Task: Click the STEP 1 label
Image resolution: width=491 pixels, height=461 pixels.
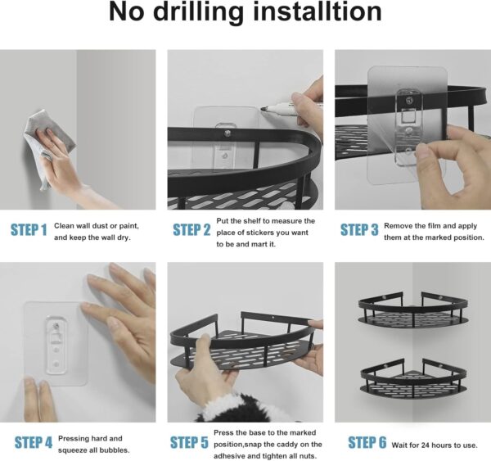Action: point(29,230)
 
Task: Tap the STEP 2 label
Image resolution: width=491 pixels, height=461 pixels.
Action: point(191,230)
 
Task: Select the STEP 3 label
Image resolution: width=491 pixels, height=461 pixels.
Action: point(359,230)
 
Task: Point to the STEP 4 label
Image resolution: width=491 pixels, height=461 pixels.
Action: point(34,442)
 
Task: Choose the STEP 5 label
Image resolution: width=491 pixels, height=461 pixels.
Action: point(189,442)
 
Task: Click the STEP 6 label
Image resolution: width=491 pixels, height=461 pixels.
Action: point(367,442)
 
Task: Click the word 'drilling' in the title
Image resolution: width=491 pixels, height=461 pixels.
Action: point(199,12)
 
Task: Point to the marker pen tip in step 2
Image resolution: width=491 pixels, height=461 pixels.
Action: point(263,109)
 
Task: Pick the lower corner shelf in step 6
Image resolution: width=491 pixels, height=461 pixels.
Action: point(413,377)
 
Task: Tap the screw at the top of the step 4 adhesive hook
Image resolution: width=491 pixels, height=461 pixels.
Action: point(56,326)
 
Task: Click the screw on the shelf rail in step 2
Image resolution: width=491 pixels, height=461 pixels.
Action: point(227,133)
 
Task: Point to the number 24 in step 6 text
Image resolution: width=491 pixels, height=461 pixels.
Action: point(426,445)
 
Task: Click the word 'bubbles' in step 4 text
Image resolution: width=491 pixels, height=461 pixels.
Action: point(115,450)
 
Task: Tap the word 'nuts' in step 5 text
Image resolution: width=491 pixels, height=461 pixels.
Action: point(307,456)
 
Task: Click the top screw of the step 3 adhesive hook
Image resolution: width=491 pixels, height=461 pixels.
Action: point(408,100)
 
